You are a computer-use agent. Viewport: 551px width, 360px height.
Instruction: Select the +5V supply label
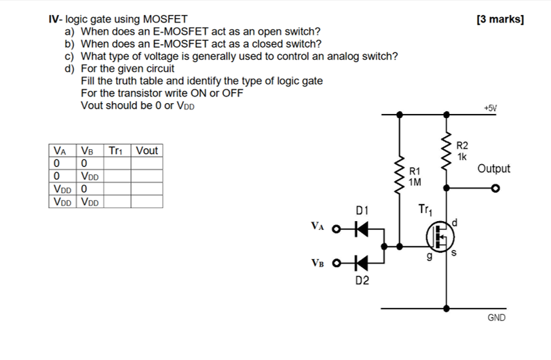[490, 108]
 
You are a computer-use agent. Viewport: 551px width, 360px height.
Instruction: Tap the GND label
[496, 317]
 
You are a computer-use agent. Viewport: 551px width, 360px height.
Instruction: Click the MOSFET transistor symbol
[440, 236]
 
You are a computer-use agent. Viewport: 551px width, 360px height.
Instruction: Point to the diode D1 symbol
[362, 228]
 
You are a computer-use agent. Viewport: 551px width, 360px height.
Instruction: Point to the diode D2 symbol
[362, 262]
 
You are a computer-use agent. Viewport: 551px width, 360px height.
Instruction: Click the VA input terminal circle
[335, 228]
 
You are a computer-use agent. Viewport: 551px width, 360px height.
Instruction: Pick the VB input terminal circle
[335, 262]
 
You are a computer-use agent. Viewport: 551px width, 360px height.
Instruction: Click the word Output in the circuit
[493, 169]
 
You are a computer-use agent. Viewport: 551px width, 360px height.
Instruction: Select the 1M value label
[415, 182]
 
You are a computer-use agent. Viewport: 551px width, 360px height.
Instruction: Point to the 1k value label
[461, 157]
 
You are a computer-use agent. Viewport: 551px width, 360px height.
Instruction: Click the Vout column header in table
[147, 151]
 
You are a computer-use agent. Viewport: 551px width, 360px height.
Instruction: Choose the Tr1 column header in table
[117, 151]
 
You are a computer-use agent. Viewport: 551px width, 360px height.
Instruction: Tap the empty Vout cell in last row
[147, 201]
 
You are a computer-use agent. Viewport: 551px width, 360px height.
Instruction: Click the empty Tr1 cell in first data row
[117, 163]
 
